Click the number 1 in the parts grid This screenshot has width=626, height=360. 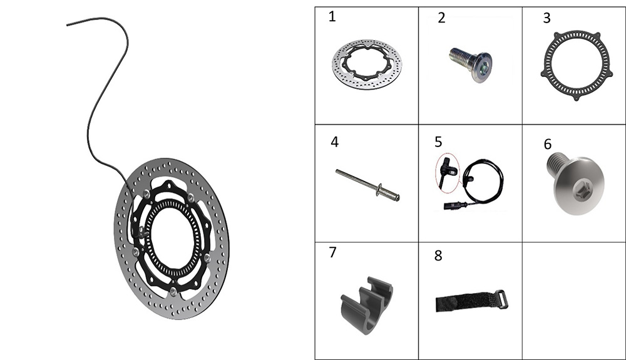[x=332, y=17]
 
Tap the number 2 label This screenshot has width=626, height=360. [x=441, y=18]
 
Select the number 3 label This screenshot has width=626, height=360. [x=546, y=18]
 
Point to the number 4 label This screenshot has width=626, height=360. [x=334, y=141]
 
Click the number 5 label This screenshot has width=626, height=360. [x=438, y=141]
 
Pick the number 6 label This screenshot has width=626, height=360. [x=548, y=144]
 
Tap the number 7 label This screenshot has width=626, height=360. [x=332, y=252]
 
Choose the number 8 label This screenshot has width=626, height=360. [x=438, y=255]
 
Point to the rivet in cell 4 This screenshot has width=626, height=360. [x=367, y=185]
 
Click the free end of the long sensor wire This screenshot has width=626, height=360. [x=67, y=25]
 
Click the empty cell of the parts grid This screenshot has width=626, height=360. [x=574, y=301]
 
